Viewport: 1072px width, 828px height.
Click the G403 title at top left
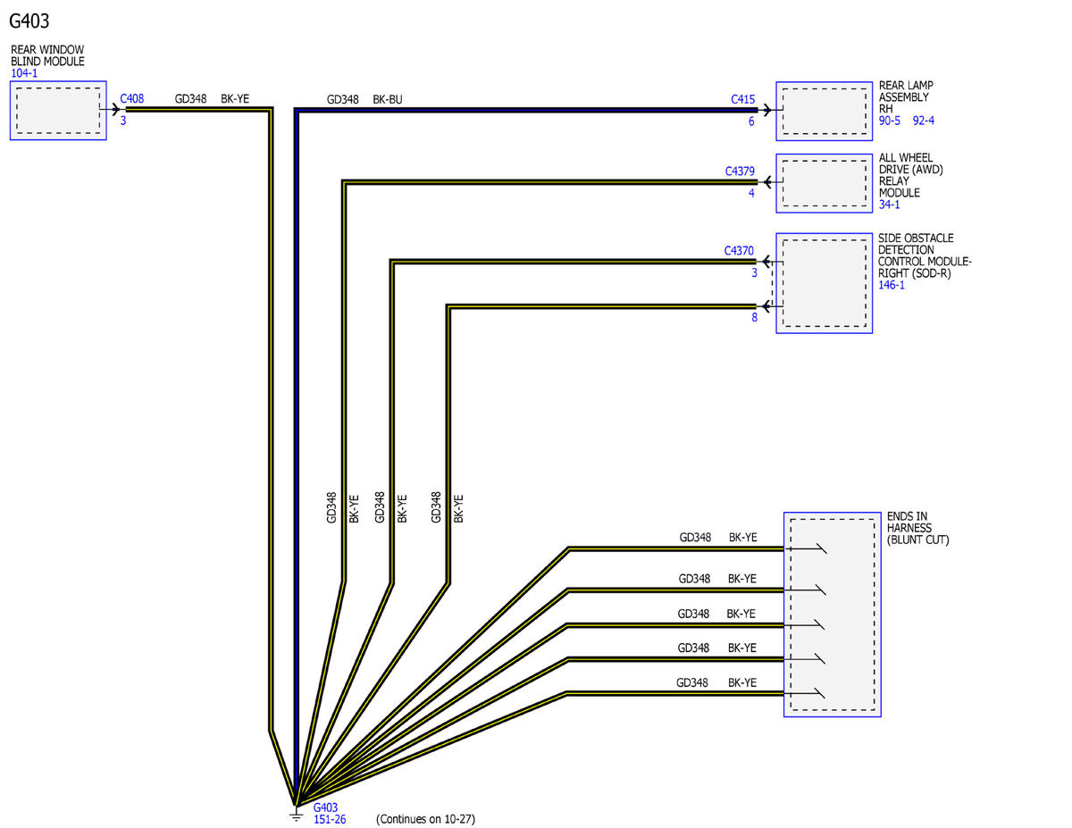pos(29,21)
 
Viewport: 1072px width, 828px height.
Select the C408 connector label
pos(131,98)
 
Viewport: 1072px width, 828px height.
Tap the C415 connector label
pos(742,99)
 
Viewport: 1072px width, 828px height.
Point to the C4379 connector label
pos(740,171)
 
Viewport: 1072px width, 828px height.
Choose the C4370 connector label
pos(739,250)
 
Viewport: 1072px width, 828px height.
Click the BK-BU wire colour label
pos(388,100)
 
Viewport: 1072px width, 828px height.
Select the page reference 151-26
pos(330,820)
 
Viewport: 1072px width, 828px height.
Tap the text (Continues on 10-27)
pos(425,819)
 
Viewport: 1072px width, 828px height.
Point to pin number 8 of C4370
pos(754,317)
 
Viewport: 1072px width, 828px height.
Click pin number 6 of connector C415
pos(750,121)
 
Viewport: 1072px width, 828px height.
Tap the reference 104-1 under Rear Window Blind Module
pos(24,73)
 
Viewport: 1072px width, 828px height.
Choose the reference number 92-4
pos(923,121)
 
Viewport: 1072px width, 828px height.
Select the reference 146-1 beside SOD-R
pos(891,285)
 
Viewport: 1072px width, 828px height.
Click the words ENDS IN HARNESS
pos(909,522)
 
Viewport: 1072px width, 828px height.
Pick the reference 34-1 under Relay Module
pos(889,205)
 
